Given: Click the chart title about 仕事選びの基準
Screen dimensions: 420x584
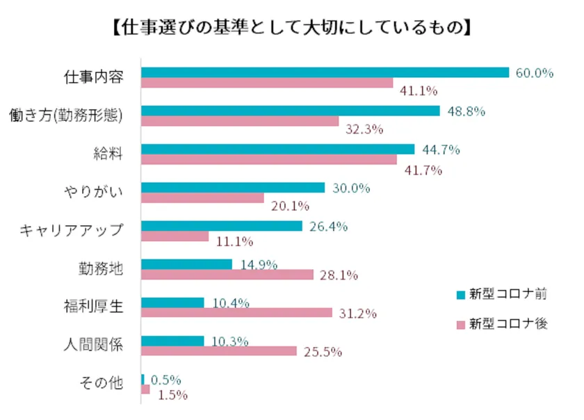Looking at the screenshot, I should (292, 29).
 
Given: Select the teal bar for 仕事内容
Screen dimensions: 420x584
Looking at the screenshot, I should (325, 72).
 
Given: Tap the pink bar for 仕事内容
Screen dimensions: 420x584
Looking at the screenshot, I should (267, 83).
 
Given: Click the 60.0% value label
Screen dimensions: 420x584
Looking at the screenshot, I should (534, 72).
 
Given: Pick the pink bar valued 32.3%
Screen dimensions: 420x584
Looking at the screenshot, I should (240, 121).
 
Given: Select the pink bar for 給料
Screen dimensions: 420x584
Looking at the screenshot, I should (269, 160).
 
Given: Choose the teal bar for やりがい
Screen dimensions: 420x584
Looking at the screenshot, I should (233, 188).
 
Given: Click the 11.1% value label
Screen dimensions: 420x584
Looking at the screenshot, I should (234, 242).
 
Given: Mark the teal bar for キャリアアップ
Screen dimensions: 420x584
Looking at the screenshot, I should (222, 226).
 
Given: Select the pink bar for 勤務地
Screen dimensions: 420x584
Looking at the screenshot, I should (227, 275).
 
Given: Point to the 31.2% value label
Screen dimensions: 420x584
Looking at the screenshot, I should (357, 314).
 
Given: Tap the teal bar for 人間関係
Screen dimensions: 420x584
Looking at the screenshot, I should (172, 341).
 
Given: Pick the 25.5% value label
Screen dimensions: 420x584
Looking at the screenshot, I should (323, 352).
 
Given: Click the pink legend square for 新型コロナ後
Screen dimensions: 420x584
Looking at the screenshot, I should (460, 325).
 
